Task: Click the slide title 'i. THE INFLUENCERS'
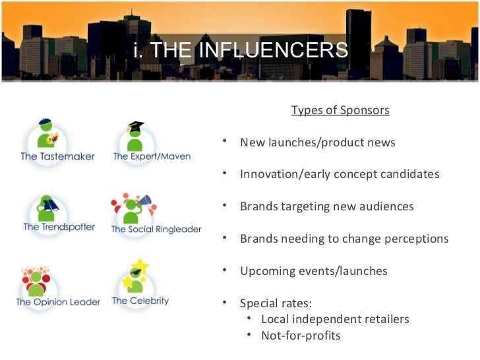(240, 49)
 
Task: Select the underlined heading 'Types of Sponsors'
(340, 109)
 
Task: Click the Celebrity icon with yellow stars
(137, 277)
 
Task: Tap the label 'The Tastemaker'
(57, 157)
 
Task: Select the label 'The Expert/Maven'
(152, 157)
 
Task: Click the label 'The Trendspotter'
(59, 227)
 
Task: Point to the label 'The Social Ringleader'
(156, 229)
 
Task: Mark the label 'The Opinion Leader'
(58, 302)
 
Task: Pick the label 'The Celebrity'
(140, 301)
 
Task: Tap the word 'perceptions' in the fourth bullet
(417, 239)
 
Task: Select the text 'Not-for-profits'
(301, 336)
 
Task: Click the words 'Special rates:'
(276, 303)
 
